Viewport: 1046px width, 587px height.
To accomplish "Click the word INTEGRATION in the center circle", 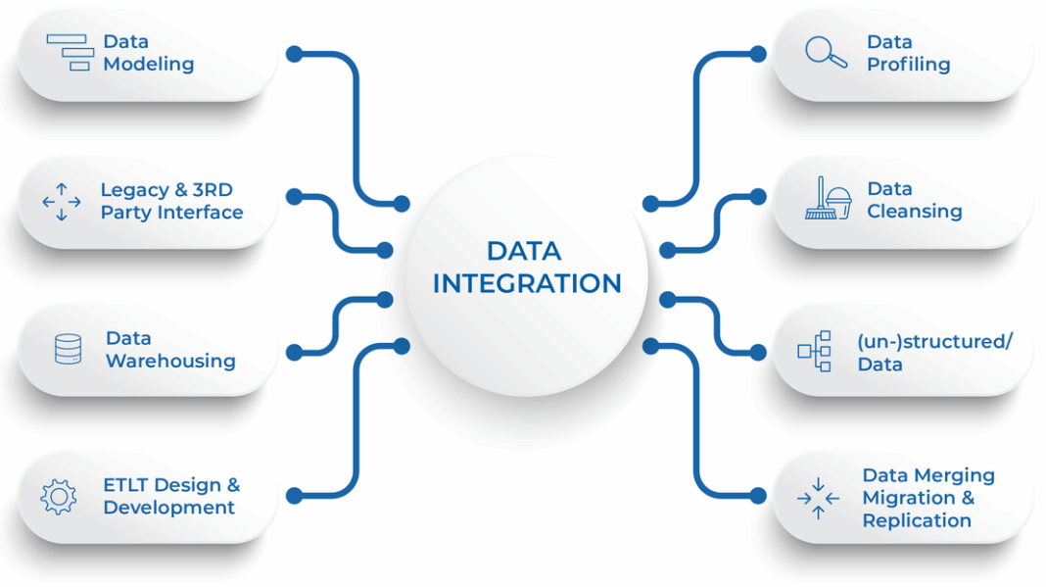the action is point(527,284).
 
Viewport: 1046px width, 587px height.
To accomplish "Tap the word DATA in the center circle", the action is point(524,251).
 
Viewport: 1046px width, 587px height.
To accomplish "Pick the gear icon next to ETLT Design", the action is point(59,497).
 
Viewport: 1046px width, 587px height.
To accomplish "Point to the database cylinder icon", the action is point(68,349).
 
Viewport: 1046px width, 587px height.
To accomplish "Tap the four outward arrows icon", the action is point(62,202).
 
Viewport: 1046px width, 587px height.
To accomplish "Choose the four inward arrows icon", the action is point(818,498).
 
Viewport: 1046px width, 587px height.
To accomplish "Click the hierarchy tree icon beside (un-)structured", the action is point(815,351).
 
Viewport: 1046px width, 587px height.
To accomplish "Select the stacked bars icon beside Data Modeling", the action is point(71,52).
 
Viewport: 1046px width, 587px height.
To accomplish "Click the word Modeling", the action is point(149,65).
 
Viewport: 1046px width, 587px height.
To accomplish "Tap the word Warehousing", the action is point(170,362).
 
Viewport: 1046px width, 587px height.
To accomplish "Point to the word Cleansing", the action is point(915,212).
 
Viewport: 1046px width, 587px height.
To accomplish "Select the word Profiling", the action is point(909,65).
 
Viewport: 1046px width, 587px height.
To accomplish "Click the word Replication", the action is point(917,521).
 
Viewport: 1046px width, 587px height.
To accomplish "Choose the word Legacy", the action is point(135,191).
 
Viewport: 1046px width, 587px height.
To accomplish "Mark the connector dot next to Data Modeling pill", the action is point(294,54).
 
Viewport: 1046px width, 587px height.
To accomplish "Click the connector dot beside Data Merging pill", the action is point(758,496).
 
